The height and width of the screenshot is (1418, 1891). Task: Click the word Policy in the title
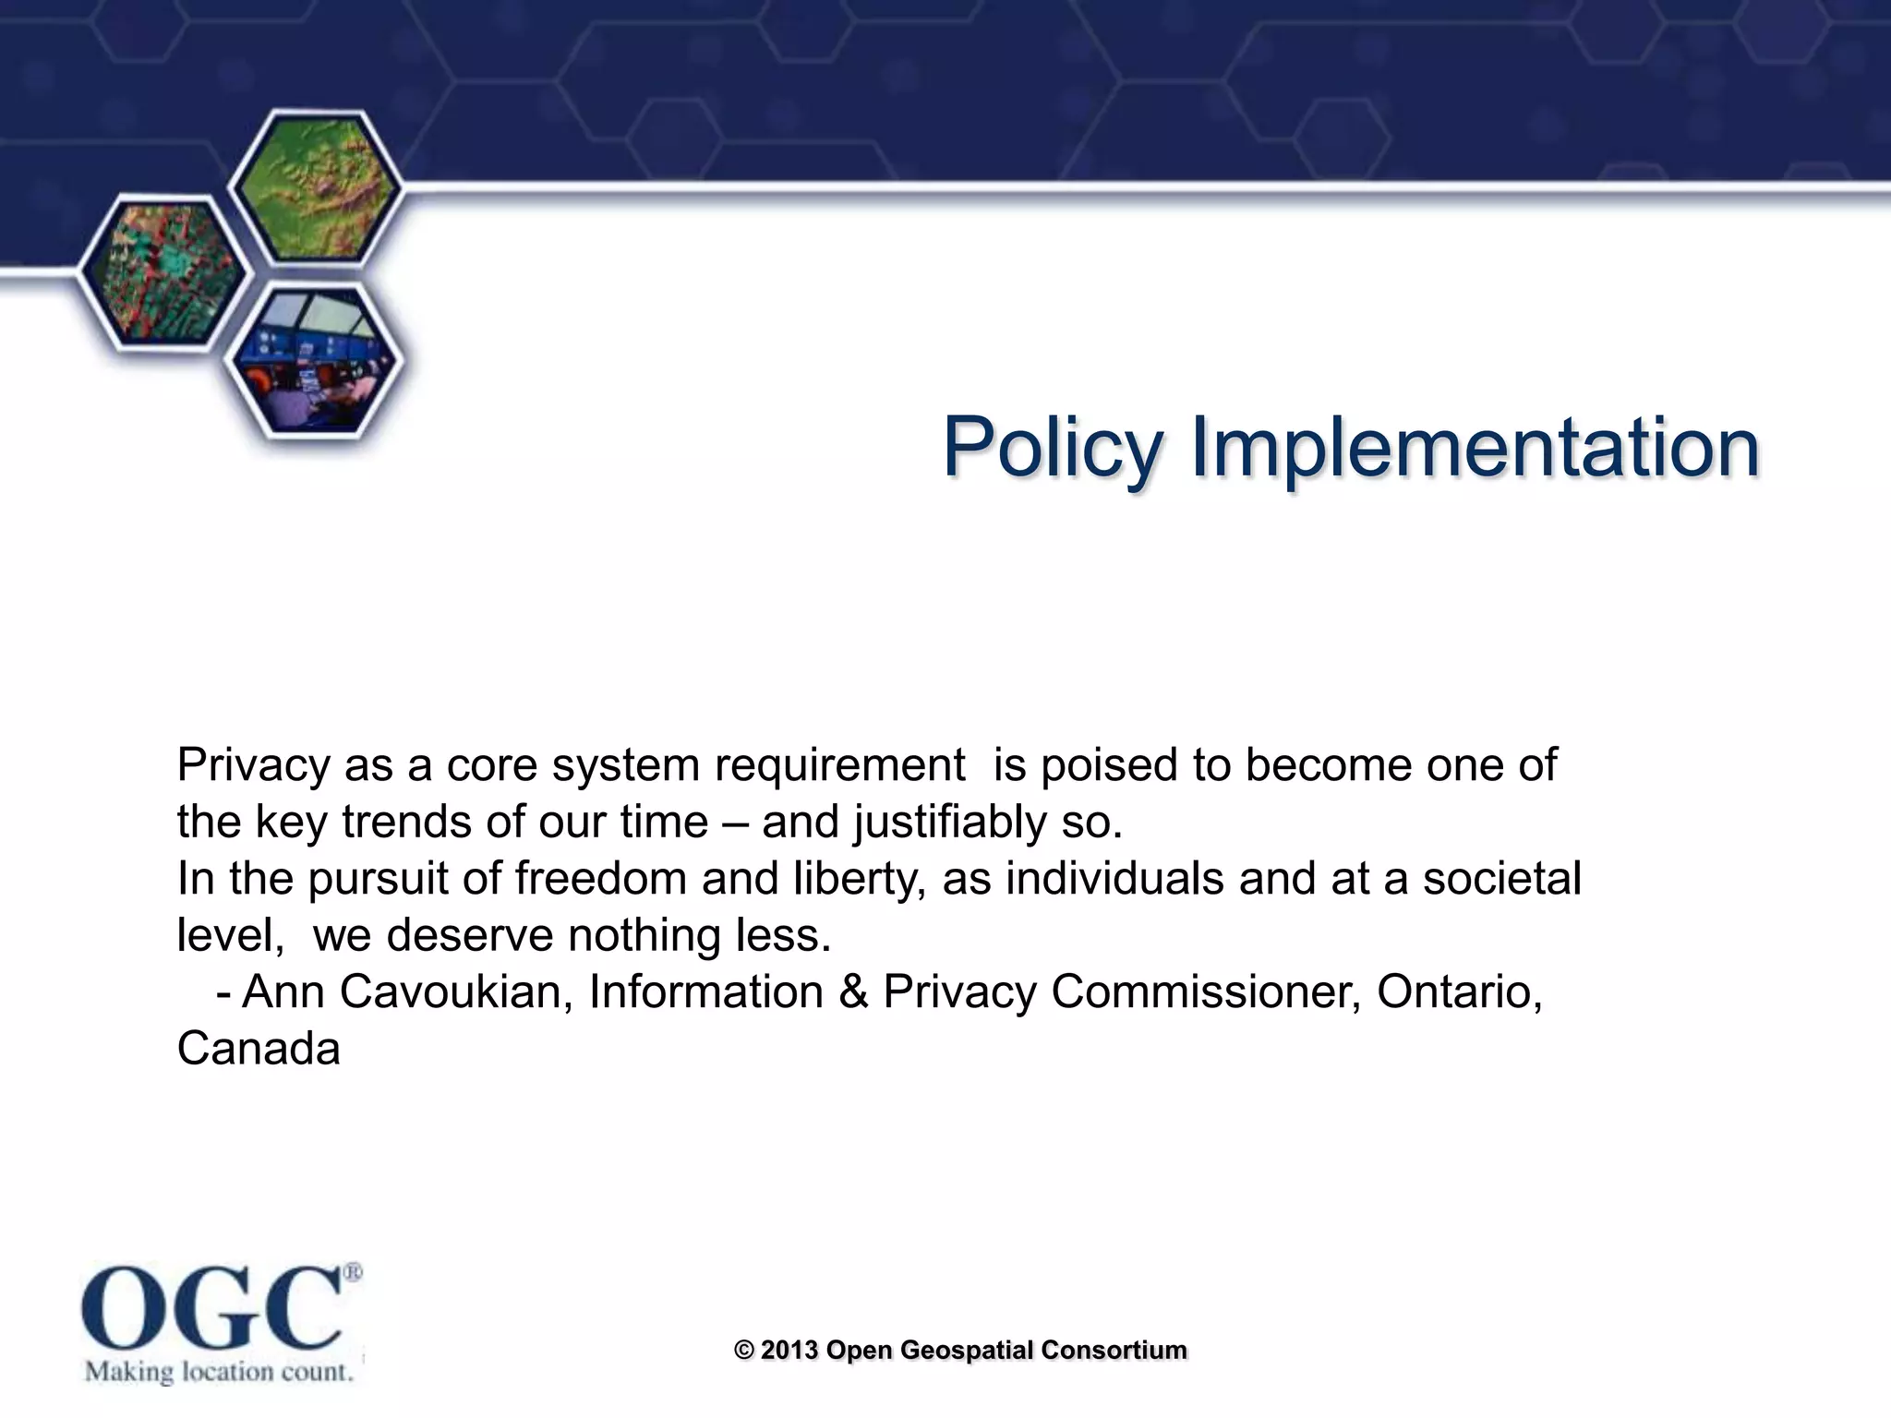pyautogui.click(x=1052, y=448)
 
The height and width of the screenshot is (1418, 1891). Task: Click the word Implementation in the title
pyautogui.click(x=1475, y=448)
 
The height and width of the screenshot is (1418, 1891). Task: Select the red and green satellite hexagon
pyautogui.click(x=163, y=270)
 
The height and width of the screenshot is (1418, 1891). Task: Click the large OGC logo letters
pyautogui.click(x=211, y=1308)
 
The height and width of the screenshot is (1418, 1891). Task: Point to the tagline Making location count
pyautogui.click(x=220, y=1371)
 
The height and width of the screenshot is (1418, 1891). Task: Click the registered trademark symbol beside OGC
pyautogui.click(x=353, y=1272)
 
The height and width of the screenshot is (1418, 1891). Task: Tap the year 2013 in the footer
pyautogui.click(x=789, y=1350)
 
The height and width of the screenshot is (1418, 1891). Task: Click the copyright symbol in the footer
pyautogui.click(x=744, y=1350)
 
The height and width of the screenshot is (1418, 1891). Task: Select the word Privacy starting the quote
pyautogui.click(x=253, y=765)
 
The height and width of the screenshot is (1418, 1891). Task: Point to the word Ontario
pyautogui.click(x=1459, y=992)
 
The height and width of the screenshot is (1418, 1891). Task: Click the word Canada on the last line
pyautogui.click(x=259, y=1050)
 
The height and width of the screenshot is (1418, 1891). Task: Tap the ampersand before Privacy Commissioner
pyautogui.click(x=853, y=992)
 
